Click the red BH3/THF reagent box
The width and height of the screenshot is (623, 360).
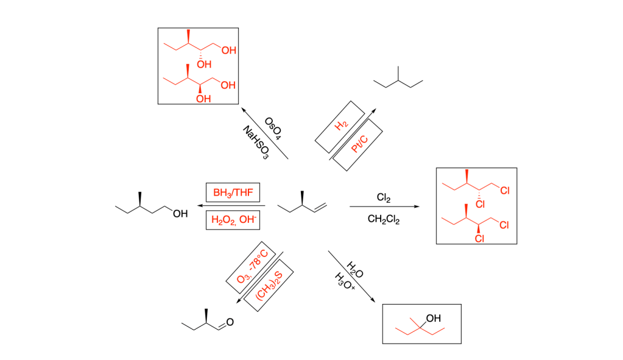(x=233, y=194)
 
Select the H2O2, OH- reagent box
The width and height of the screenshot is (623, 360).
(x=233, y=220)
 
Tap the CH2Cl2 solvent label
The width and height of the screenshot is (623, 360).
(x=384, y=220)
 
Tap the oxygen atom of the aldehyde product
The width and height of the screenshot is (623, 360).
(x=230, y=322)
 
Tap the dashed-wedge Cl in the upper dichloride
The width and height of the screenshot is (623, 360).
(x=479, y=202)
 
